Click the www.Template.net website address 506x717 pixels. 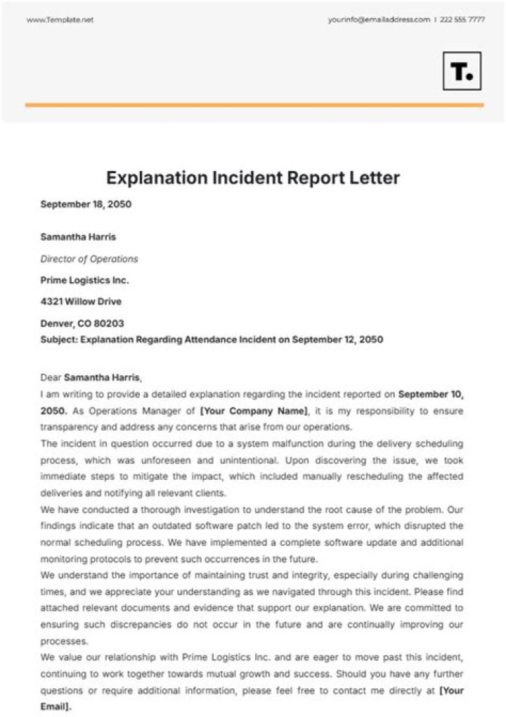(60, 20)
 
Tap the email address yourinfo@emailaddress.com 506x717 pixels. (378, 20)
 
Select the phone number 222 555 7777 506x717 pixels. (462, 20)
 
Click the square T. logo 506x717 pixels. (462, 71)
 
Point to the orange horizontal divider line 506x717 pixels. (254, 105)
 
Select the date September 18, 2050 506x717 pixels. (86, 205)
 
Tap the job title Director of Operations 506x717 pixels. (89, 259)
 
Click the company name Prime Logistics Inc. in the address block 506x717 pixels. (85, 280)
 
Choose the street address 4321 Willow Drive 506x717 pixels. (81, 302)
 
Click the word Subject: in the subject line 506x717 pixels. (60, 339)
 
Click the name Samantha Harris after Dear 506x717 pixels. (102, 378)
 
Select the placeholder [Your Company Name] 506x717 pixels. (254, 411)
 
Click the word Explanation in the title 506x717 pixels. (157, 178)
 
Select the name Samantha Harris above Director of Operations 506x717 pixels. (78, 237)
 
